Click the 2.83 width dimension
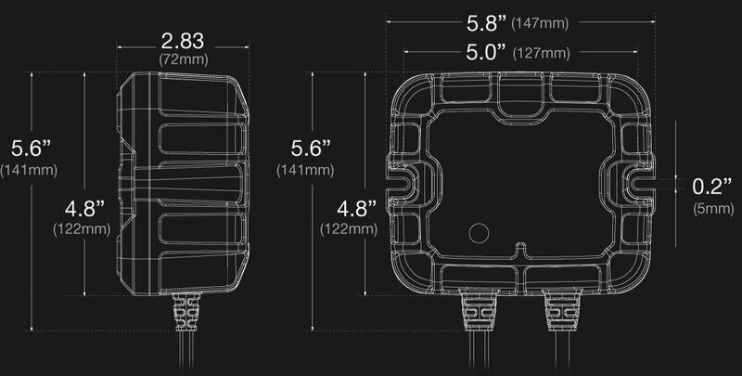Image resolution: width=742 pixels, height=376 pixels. tap(182, 42)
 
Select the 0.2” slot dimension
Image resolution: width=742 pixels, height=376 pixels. tap(712, 186)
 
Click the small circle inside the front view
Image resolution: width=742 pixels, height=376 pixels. tap(480, 232)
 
